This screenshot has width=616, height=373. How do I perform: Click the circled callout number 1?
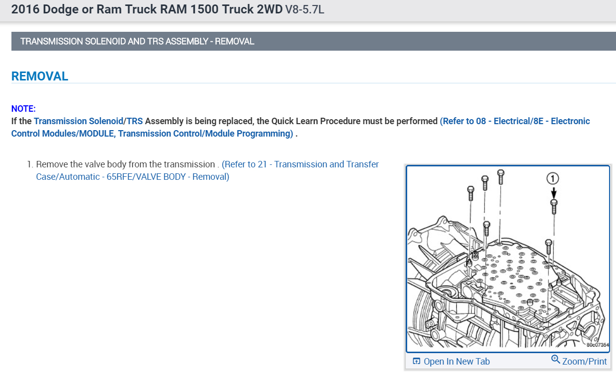coord(552,178)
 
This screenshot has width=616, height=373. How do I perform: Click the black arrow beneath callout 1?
coord(554,193)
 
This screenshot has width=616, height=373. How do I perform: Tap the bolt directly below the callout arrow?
coord(554,207)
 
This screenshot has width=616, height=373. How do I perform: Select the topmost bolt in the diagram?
coord(501,177)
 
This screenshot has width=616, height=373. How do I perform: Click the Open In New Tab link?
coord(456,361)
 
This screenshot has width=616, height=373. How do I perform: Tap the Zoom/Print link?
coord(584,361)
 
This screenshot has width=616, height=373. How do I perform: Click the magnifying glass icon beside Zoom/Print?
coord(555,359)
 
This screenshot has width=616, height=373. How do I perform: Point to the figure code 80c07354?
coord(598,345)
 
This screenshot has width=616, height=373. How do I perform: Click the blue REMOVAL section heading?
coord(40,76)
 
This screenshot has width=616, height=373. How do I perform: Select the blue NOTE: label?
coord(23,109)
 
